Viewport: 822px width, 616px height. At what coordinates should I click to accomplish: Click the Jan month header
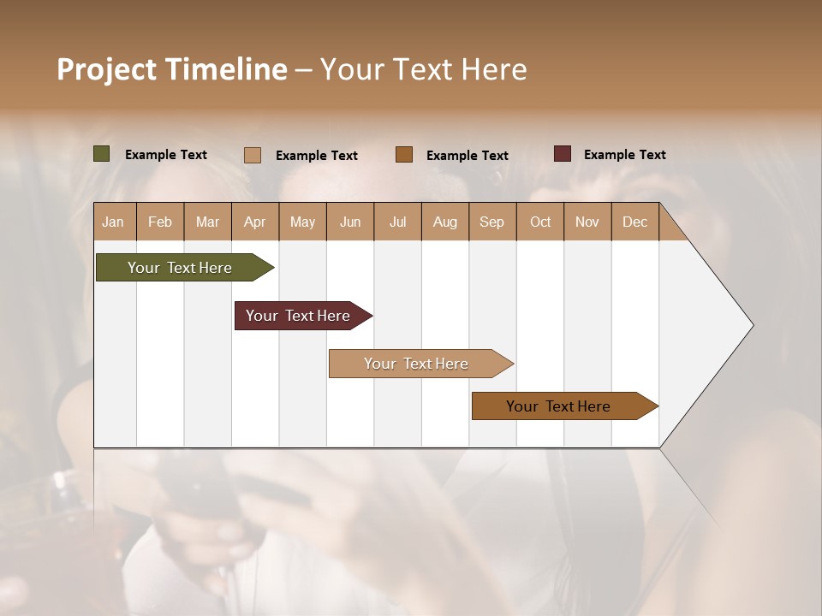click(114, 222)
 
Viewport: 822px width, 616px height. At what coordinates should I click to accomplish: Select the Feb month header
click(160, 222)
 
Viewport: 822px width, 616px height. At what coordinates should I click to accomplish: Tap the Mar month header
click(207, 222)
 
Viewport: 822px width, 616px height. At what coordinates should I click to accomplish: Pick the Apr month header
click(255, 222)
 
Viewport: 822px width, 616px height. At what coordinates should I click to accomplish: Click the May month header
click(302, 222)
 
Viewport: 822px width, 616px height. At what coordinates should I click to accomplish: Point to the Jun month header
click(350, 222)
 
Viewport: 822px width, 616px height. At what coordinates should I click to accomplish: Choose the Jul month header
click(397, 222)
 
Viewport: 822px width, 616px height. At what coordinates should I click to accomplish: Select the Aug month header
click(445, 222)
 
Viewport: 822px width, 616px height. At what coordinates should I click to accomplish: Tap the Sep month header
click(492, 222)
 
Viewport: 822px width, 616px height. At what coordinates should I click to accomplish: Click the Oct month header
click(540, 222)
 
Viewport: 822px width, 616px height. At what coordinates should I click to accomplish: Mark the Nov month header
click(587, 222)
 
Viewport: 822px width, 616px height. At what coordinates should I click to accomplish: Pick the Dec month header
click(635, 222)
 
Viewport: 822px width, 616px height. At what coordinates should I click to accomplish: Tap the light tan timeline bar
click(417, 364)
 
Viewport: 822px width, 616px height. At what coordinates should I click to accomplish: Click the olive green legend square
click(102, 154)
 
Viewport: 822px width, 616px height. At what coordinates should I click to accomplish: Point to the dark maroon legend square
click(563, 154)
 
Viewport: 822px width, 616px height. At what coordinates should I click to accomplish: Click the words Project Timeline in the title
click(172, 69)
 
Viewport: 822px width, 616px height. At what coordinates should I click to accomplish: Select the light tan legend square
click(253, 155)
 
